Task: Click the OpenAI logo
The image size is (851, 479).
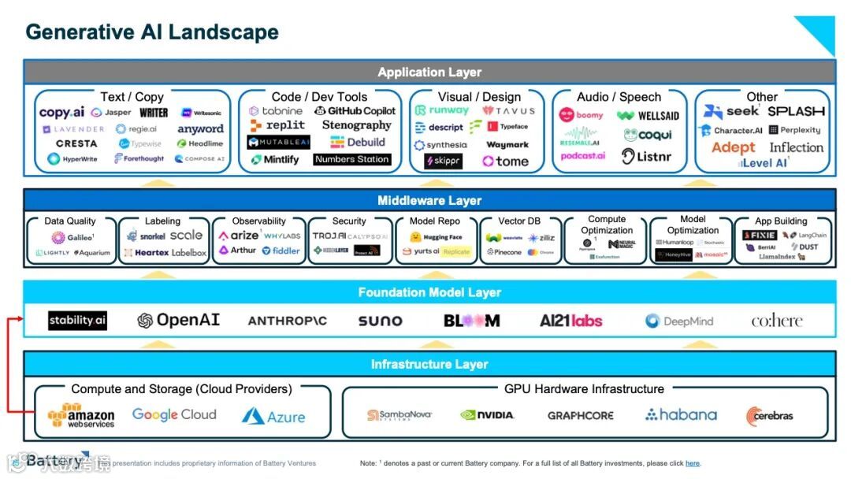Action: pos(178,321)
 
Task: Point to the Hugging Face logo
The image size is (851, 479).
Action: pos(437,236)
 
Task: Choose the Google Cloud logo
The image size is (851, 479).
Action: pos(174,414)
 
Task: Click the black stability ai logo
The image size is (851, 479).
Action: pos(77,321)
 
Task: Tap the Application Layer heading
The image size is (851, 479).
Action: pos(429,72)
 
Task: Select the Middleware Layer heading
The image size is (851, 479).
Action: pos(429,201)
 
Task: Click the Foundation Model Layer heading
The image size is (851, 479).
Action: pos(429,292)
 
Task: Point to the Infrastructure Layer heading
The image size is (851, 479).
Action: pos(429,364)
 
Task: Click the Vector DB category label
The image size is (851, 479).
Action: pos(519,221)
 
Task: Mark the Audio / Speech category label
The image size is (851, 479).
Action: pos(619,97)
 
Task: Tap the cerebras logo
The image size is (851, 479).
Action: pos(770,415)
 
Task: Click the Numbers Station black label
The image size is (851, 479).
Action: pos(351,159)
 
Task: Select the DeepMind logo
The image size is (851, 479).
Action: pos(679,321)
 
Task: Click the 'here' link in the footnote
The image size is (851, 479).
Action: pos(692,463)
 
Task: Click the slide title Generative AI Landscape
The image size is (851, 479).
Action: pos(152,32)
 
